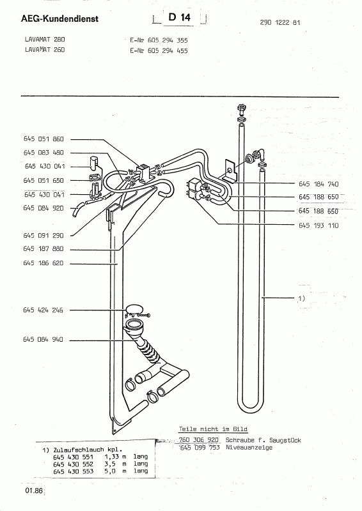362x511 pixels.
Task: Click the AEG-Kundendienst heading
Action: click(59, 19)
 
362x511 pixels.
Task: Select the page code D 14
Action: click(179, 17)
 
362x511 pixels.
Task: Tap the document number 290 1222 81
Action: click(280, 22)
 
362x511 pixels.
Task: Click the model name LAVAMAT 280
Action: click(45, 40)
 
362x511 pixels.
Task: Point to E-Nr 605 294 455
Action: click(159, 50)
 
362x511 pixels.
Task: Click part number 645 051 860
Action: click(43, 139)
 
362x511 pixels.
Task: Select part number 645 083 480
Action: click(43, 153)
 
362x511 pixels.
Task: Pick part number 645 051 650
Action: click(43, 180)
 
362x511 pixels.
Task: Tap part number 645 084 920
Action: click(43, 208)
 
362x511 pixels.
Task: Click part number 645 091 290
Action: click(43, 235)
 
